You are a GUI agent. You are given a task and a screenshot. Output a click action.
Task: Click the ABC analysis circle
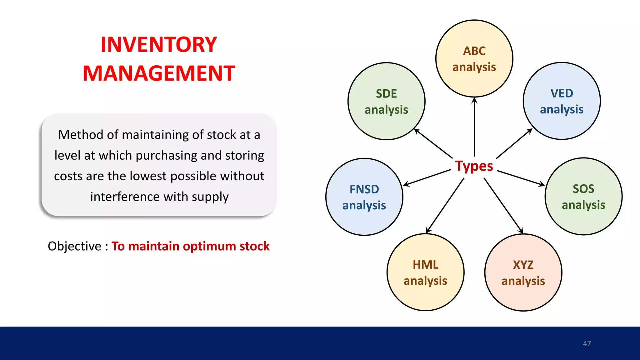click(x=474, y=59)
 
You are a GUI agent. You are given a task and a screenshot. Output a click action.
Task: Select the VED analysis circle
click(x=562, y=101)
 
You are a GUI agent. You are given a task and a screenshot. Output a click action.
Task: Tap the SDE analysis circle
click(x=386, y=101)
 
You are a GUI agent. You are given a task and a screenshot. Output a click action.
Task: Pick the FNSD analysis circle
click(x=364, y=197)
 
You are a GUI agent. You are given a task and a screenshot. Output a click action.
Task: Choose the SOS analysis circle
click(x=583, y=196)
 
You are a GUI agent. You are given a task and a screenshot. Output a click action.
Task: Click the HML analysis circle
click(x=425, y=272)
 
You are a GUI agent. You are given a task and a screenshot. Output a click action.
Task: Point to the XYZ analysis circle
click(x=523, y=272)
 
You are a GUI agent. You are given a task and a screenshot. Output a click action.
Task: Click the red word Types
click(x=474, y=166)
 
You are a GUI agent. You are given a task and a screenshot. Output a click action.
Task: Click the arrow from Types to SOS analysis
click(x=521, y=178)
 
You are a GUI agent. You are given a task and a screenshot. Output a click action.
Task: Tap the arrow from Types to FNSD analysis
click(x=427, y=178)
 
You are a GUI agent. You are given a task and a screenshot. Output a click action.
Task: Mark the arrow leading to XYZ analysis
click(x=503, y=206)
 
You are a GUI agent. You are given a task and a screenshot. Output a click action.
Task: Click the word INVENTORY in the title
click(x=159, y=45)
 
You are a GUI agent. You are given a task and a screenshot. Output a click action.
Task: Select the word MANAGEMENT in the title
click(x=159, y=73)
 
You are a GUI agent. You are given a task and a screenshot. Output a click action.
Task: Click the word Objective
click(x=74, y=246)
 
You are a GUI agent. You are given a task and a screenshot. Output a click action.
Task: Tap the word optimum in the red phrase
click(x=209, y=246)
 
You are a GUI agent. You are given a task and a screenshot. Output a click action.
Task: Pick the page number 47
click(x=587, y=343)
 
